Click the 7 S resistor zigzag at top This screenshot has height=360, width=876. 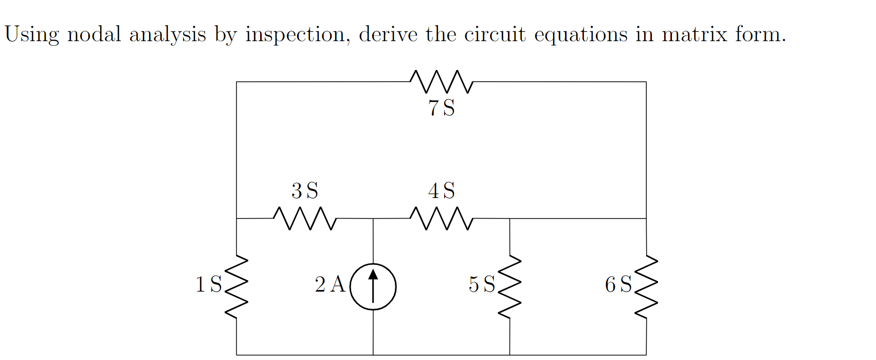click(x=441, y=82)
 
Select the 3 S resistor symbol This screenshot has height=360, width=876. click(x=305, y=219)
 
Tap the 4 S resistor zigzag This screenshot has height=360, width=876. click(x=441, y=219)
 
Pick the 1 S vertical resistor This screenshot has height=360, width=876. click(x=236, y=286)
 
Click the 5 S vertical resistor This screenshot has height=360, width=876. click(x=509, y=286)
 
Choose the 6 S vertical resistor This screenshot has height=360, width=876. click(x=646, y=286)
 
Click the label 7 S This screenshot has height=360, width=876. click(x=441, y=108)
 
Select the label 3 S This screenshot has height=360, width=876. click(x=305, y=191)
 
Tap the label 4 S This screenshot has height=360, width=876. click(x=441, y=191)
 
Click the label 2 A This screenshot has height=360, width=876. click(x=330, y=284)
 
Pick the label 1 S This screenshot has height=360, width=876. click(x=208, y=284)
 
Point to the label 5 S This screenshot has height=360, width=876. click(x=482, y=284)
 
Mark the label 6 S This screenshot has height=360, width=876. click(x=618, y=284)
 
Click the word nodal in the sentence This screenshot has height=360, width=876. click(x=94, y=34)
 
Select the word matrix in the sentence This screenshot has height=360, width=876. click(x=693, y=34)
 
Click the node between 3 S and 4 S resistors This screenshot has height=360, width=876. click(x=373, y=219)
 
